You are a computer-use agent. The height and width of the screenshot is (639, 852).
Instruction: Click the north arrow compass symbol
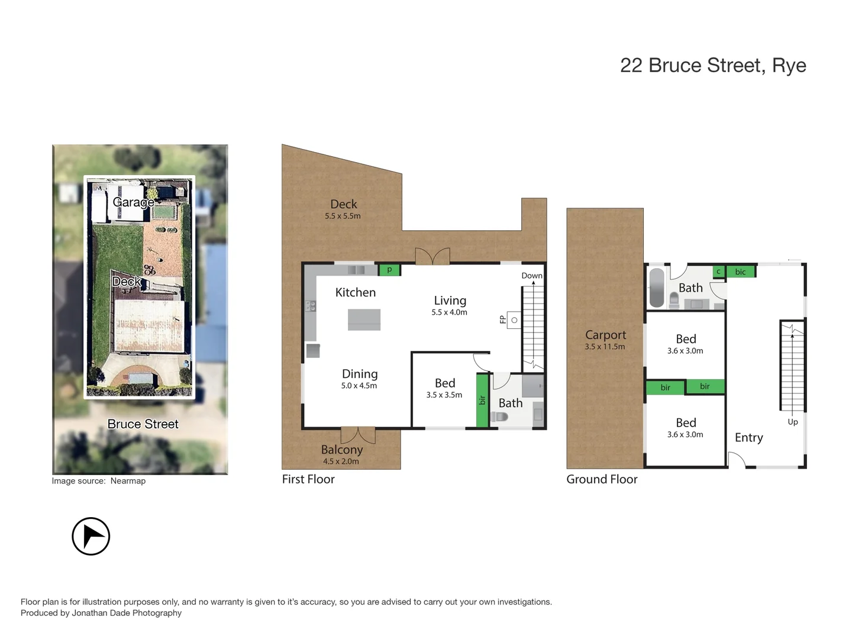91,536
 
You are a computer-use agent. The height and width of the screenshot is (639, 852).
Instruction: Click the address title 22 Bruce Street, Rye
712,65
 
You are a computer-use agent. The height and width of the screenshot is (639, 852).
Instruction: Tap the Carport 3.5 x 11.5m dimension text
605,347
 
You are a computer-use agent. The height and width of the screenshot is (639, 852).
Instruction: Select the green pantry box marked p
389,270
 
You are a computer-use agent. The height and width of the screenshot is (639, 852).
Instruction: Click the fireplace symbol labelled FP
514,320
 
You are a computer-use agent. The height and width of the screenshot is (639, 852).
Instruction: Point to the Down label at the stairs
531,276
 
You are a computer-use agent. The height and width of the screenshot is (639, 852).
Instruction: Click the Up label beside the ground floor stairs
792,422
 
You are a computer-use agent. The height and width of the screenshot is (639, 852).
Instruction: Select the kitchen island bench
364,319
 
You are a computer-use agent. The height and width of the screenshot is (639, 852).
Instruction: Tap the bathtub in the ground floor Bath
657,288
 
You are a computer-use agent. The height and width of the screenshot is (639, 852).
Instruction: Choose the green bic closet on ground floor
740,272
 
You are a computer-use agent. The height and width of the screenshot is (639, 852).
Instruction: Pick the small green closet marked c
718,272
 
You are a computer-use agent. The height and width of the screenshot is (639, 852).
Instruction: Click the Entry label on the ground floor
748,438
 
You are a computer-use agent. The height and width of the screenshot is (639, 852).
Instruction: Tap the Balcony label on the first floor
341,450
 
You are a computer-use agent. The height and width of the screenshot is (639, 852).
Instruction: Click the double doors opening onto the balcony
358,435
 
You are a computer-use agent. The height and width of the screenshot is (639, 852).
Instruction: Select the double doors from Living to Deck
433,256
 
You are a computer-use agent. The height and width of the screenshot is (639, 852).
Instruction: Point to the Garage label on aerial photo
133,202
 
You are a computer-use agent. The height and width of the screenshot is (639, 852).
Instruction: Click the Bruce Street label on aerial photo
143,424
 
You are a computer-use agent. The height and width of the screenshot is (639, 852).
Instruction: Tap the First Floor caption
308,479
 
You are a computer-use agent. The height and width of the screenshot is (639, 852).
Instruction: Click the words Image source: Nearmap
98,481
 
